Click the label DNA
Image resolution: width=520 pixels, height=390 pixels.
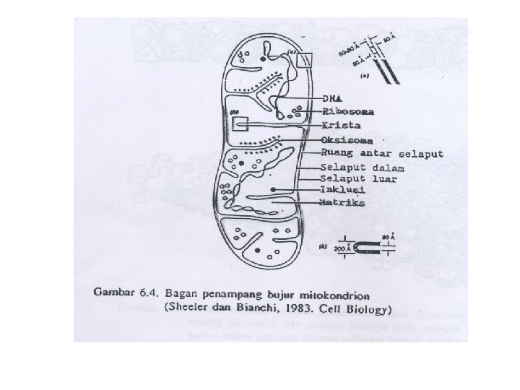(x=333, y=98)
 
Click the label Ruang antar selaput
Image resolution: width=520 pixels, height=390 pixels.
(x=383, y=154)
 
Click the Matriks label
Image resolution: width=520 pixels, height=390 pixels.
(x=343, y=204)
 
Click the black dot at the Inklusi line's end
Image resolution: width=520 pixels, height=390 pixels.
(x=274, y=189)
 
